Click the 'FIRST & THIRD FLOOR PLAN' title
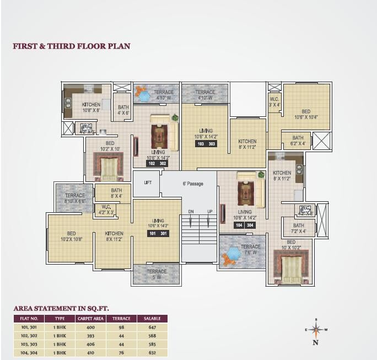(x=72, y=46)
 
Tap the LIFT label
(x=148, y=182)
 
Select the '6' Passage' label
(x=190, y=183)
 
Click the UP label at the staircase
(x=209, y=212)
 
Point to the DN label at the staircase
(x=191, y=212)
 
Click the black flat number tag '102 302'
(x=157, y=163)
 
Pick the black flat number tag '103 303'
(x=206, y=144)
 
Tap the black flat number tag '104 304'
(x=245, y=225)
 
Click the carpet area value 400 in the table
(x=90, y=327)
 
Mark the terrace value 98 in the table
(x=121, y=327)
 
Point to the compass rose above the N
(x=316, y=330)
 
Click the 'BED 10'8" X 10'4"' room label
(x=306, y=114)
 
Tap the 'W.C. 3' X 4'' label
(x=274, y=102)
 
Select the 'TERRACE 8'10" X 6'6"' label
(x=75, y=198)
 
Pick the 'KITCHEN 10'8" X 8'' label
(x=91, y=107)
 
